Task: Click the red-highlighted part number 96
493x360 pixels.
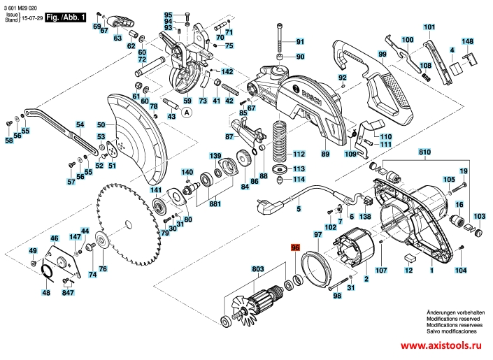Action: click(x=295, y=247)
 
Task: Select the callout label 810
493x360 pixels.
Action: click(x=425, y=151)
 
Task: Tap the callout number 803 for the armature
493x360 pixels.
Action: click(x=258, y=268)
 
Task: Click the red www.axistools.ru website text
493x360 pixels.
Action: click(x=441, y=345)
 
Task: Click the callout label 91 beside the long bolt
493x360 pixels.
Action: click(x=301, y=41)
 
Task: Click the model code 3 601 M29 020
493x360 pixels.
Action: click(x=24, y=6)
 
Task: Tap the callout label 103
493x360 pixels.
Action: click(x=479, y=217)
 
